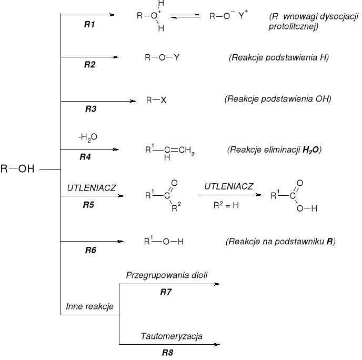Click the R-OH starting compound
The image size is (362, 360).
tap(18, 170)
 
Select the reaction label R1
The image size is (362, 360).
tap(89, 25)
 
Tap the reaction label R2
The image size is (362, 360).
tap(89, 65)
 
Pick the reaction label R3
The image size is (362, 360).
tap(91, 109)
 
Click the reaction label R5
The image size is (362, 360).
tap(89, 205)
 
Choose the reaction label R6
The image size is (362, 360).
tap(91, 251)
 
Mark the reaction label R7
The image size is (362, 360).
tap(167, 292)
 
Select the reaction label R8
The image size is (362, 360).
tap(167, 353)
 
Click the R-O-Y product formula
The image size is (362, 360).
tap(162, 57)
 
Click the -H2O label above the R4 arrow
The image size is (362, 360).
tap(87, 137)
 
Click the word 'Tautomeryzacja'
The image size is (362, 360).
tap(172, 336)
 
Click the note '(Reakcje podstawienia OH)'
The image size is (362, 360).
tap(278, 99)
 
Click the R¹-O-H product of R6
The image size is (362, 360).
tap(164, 242)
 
